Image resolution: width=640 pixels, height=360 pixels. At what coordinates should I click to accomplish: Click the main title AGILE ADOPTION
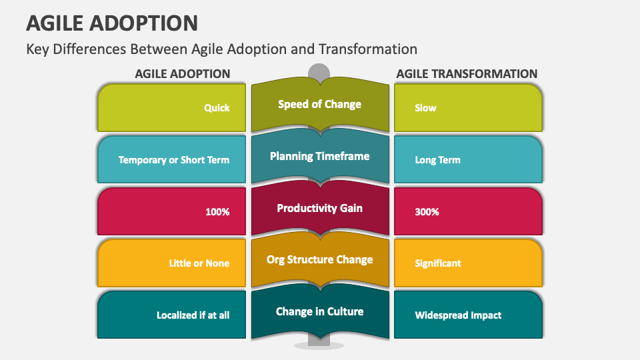(112, 22)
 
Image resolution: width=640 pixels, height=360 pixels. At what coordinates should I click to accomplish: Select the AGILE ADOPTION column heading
(183, 74)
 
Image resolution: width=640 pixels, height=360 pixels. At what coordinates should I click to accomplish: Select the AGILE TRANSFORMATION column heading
(467, 74)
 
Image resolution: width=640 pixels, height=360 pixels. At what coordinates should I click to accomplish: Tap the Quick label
(217, 108)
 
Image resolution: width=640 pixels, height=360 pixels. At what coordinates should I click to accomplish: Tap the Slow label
(425, 108)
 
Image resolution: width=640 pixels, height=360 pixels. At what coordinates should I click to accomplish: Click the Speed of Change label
(319, 104)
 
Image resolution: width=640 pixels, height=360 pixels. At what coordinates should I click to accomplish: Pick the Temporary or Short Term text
(174, 160)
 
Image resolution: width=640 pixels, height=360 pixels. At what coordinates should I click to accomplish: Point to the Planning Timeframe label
(319, 156)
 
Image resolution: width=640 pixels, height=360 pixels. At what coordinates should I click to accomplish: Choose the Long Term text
(437, 160)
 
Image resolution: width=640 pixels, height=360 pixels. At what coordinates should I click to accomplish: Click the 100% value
(217, 212)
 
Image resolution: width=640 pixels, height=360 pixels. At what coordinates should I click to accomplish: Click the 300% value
(427, 212)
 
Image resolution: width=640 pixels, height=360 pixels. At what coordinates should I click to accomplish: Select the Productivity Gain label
(319, 208)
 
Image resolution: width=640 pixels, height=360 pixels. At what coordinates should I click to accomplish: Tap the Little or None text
(199, 263)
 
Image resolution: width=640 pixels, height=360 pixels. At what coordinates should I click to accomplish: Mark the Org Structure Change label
(319, 259)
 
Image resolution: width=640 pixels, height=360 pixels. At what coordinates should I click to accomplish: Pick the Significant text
(437, 263)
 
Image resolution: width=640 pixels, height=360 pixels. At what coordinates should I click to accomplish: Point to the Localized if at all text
(193, 315)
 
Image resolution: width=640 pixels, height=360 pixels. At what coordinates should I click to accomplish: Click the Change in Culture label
(319, 311)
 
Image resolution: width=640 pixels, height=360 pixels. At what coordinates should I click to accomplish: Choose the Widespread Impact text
(458, 315)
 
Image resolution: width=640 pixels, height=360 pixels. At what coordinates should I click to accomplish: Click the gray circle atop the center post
(319, 71)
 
